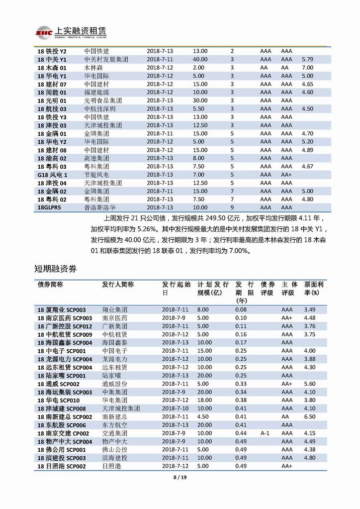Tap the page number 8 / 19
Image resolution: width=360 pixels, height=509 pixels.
(180, 478)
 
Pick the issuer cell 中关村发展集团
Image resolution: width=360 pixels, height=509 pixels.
(106, 59)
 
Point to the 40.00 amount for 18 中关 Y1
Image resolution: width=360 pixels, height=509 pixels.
(200, 59)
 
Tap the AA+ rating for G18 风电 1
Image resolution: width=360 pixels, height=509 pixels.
(286, 175)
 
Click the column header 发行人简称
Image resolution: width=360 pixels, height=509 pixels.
(118, 285)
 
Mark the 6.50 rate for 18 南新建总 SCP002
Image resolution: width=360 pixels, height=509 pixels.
(309, 416)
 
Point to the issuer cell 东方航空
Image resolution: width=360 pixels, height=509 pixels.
(114, 425)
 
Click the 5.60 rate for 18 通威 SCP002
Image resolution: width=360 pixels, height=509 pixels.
(309, 384)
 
